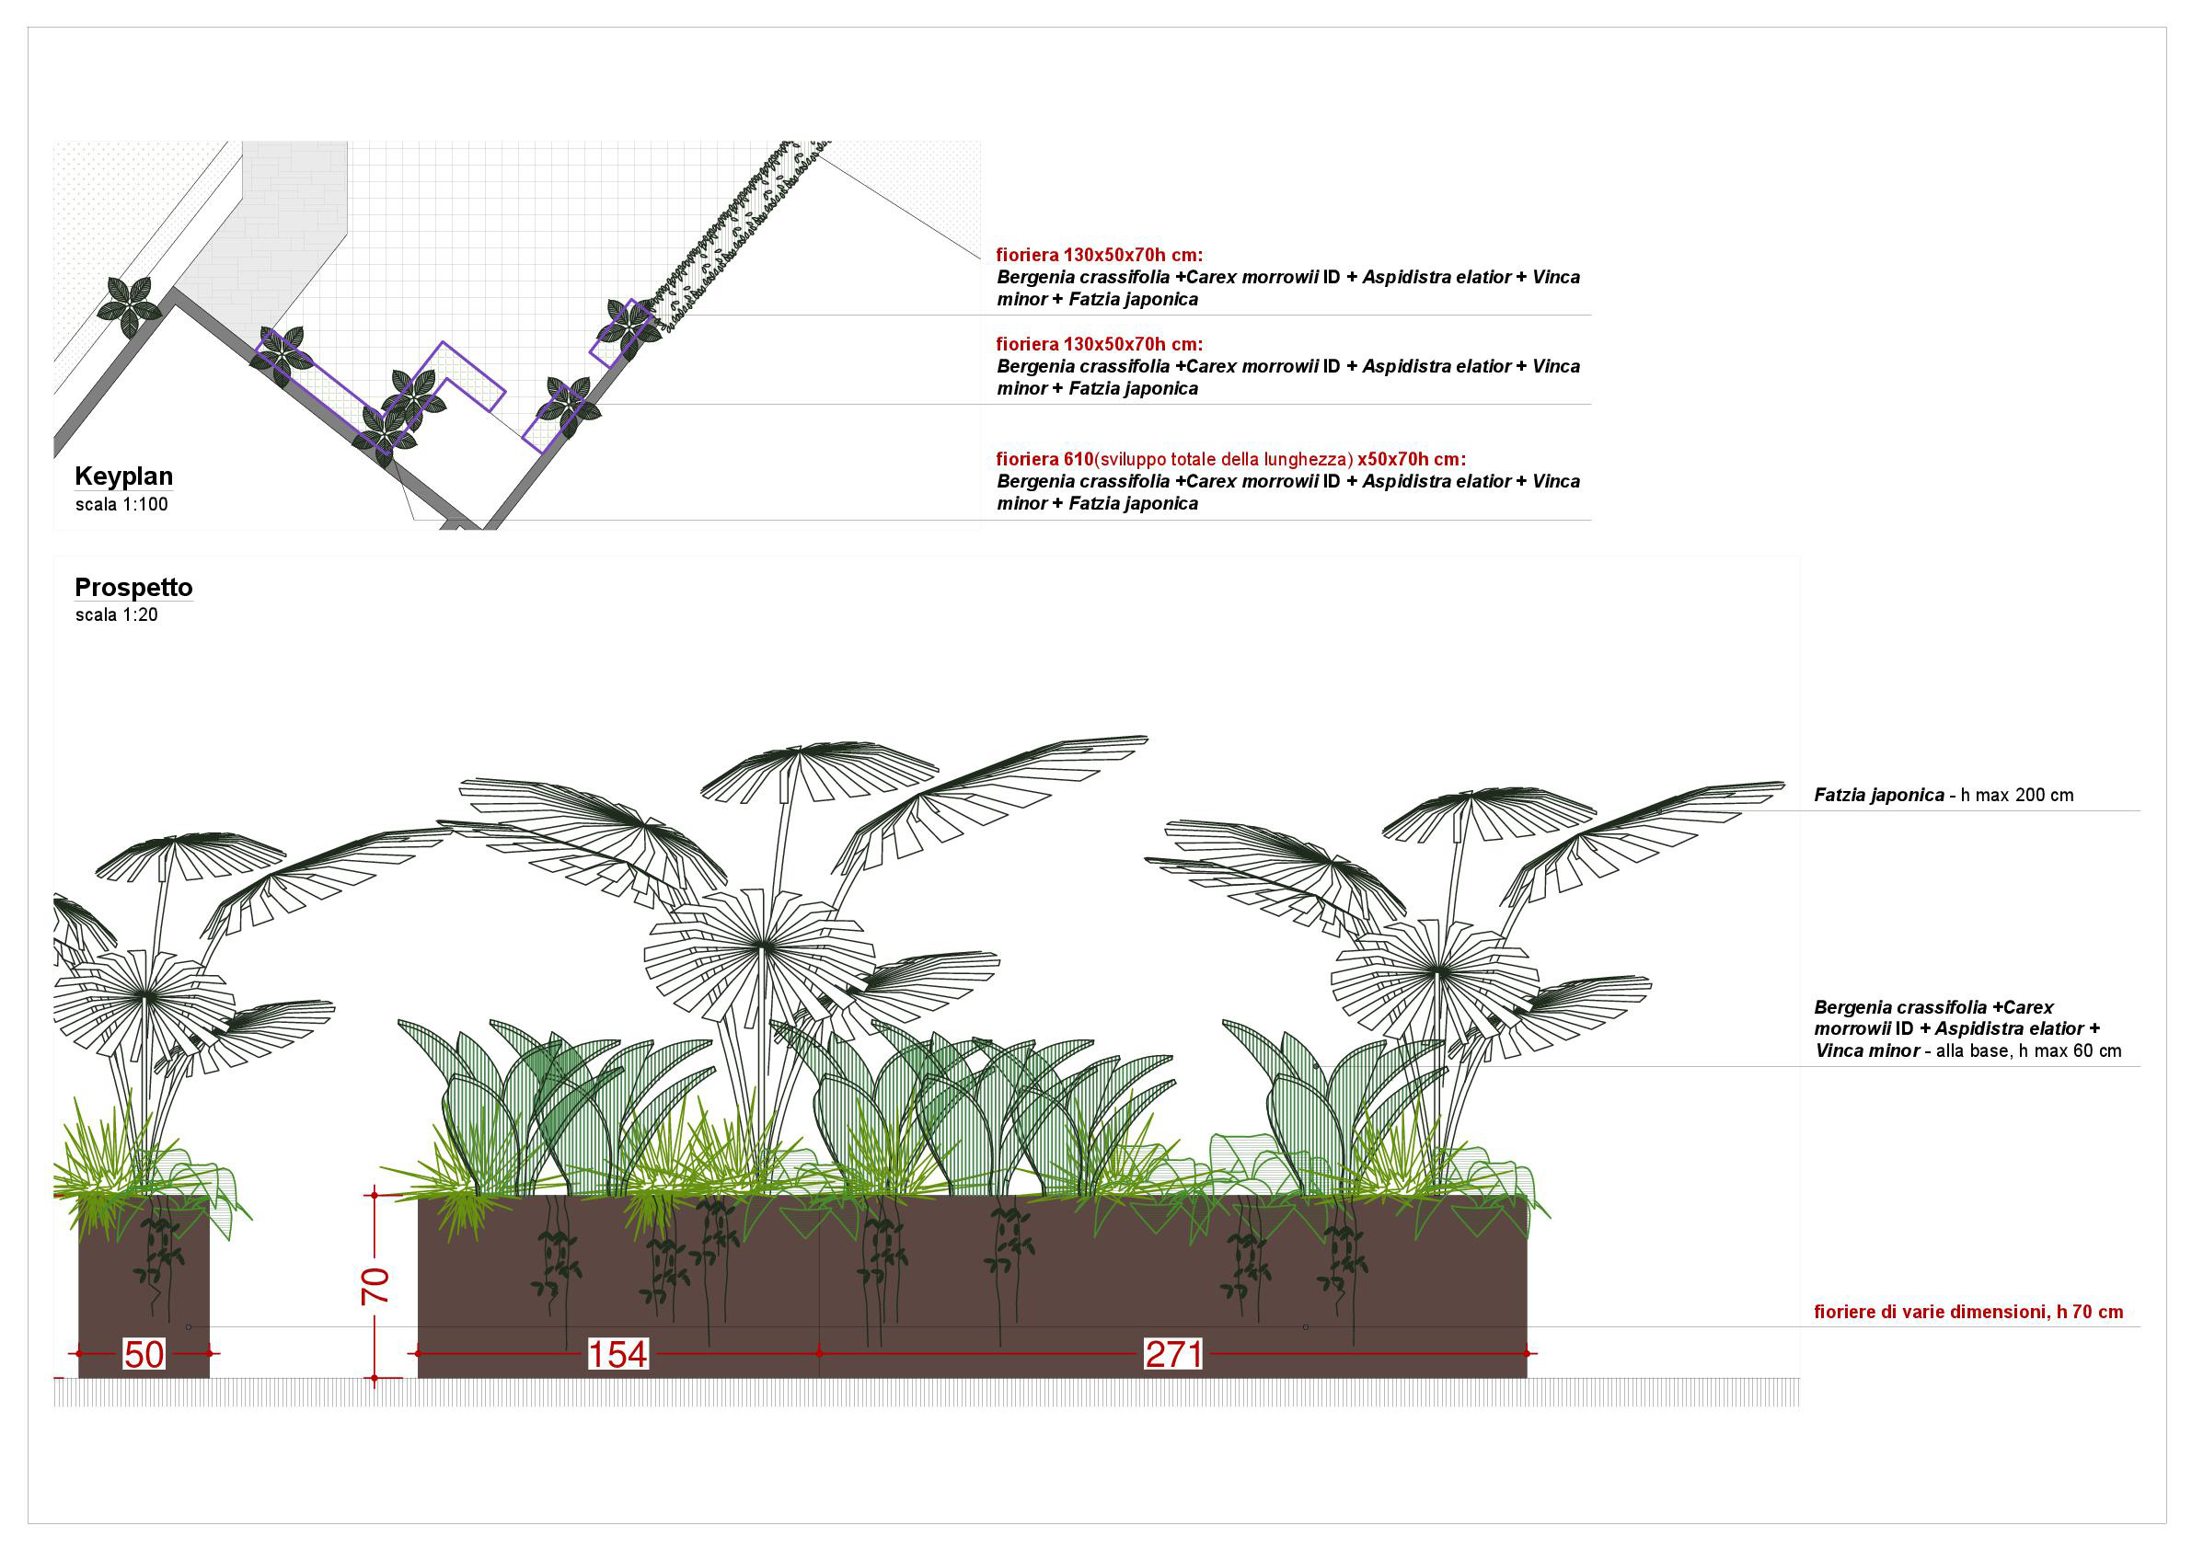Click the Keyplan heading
click(123, 476)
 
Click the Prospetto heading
click(133, 588)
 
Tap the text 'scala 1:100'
click(121, 505)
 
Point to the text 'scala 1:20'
click(117, 615)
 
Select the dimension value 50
click(144, 1354)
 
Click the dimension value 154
click(617, 1354)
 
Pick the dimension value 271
click(1173, 1354)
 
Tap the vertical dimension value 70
click(375, 1287)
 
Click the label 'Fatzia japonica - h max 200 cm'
click(1944, 795)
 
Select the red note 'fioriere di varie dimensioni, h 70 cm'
click(1968, 1313)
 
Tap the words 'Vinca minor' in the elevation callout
click(1867, 1050)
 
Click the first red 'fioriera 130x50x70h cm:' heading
click(1100, 255)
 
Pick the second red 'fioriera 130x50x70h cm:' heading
click(1100, 344)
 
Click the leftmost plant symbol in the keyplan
click(129, 306)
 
